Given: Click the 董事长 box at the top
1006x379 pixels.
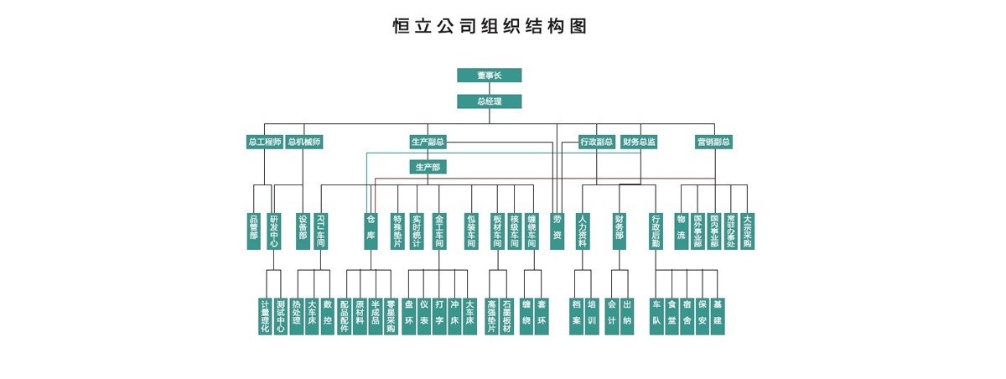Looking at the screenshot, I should pyautogui.click(x=489, y=75).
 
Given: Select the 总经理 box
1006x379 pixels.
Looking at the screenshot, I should pyautogui.click(x=489, y=101).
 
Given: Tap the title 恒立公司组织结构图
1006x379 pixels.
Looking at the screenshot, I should pyautogui.click(x=490, y=26).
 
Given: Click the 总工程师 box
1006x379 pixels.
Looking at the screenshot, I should pyautogui.click(x=264, y=142).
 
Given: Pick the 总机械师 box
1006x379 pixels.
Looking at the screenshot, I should pyautogui.click(x=303, y=142).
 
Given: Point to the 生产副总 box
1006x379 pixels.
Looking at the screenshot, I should pyautogui.click(x=428, y=142).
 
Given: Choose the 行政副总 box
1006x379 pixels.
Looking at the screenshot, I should pyautogui.click(x=597, y=142).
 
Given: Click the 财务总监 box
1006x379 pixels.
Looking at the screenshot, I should pyautogui.click(x=639, y=142).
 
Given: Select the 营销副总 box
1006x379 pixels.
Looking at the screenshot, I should pyautogui.click(x=714, y=142).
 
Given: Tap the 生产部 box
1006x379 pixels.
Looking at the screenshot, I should pyautogui.click(x=428, y=167).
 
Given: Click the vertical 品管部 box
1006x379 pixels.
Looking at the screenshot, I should pyautogui.click(x=254, y=231).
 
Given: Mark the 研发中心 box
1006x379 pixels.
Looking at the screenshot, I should pyautogui.click(x=273, y=231).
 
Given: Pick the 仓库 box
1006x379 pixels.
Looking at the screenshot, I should pyautogui.click(x=371, y=231).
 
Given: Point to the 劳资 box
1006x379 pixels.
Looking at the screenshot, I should pyautogui.click(x=557, y=231).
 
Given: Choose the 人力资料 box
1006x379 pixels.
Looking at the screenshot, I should pyautogui.click(x=583, y=231).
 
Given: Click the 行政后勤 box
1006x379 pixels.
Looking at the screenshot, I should pyautogui.click(x=656, y=231).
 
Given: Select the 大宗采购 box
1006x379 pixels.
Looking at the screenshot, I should pyautogui.click(x=747, y=231).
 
